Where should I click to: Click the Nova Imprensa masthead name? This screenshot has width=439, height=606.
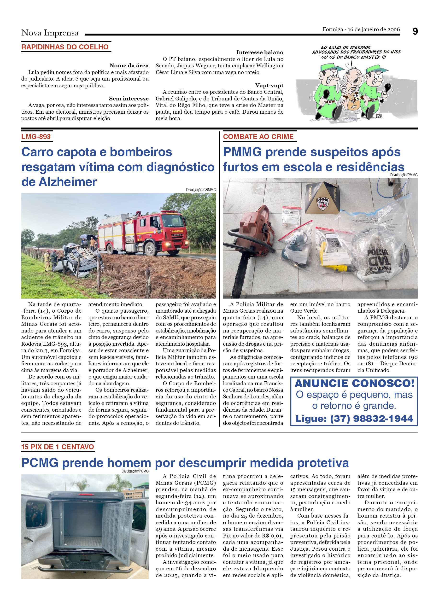[x=50, y=33]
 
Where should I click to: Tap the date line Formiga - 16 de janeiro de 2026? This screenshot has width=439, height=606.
[x=361, y=29]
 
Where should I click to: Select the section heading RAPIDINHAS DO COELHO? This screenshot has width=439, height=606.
[x=65, y=47]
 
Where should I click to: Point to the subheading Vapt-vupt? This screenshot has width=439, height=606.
[x=269, y=86]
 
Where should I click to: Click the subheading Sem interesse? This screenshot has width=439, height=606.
[x=129, y=99]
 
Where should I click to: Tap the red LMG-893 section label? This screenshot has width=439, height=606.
[x=36, y=137]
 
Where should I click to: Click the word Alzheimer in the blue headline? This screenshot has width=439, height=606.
[x=68, y=182]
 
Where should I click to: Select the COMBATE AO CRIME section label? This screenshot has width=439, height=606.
[x=258, y=137]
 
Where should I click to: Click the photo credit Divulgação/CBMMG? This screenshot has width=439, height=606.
[x=201, y=190]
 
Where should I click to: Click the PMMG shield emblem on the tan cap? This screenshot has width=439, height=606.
[x=322, y=203]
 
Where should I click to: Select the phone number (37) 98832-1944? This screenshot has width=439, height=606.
[x=372, y=419]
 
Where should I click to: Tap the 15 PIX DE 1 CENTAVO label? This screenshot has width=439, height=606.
[x=58, y=447]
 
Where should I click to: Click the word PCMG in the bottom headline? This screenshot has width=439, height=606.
[x=40, y=463]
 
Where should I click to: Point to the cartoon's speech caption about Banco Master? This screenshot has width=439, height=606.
[x=356, y=52]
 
